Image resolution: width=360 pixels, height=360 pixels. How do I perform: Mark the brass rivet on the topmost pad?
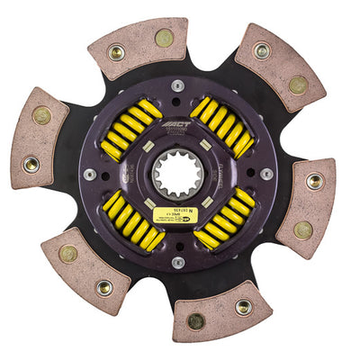point(164,38)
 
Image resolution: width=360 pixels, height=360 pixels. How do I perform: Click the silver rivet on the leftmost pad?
point(32,165)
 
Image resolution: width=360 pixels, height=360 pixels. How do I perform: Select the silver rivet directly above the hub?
point(177,85)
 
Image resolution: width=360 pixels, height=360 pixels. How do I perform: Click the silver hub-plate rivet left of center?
point(90,174)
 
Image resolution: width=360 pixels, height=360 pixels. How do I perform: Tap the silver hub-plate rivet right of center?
point(266,174)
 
